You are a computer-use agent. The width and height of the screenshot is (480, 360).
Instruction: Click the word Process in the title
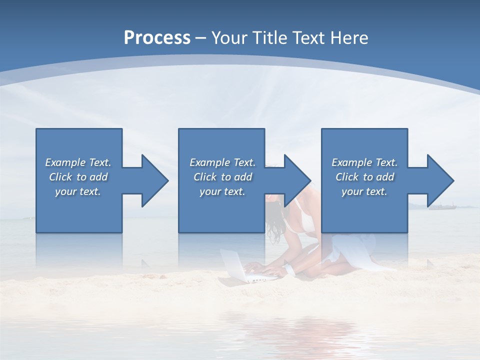[157, 38]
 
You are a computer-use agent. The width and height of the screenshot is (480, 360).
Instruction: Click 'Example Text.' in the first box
[78, 162]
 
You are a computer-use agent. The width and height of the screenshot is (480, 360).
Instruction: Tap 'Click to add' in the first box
[78, 177]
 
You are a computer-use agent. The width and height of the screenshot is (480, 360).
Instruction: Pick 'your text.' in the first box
[78, 191]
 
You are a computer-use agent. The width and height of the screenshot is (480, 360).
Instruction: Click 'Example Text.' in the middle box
[222, 162]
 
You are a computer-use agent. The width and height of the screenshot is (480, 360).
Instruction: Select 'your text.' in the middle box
[222, 191]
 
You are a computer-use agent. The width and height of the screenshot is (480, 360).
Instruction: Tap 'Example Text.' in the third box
[364, 162]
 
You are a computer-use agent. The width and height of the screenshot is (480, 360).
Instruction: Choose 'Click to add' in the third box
[364, 177]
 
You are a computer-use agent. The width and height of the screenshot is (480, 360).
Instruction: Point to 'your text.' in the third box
[364, 191]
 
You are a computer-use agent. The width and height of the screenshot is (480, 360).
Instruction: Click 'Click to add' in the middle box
[222, 177]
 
